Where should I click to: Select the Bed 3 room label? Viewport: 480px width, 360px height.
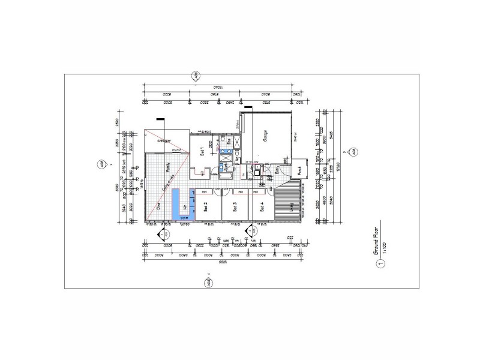tap(235, 207)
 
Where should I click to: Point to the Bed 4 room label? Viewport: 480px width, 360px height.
tap(262, 207)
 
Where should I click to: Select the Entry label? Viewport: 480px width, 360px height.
tap(277, 170)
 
